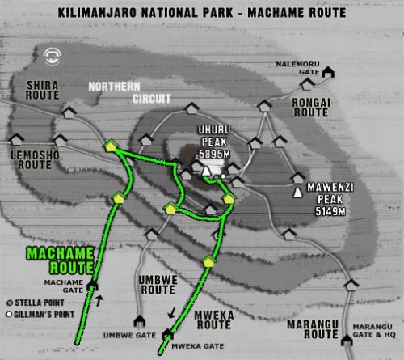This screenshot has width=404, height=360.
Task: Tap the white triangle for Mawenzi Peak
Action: pyautogui.click(x=300, y=193)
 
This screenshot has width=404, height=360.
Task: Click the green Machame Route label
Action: pyautogui.click(x=58, y=260)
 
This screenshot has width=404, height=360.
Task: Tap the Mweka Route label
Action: pyautogui.click(x=214, y=322)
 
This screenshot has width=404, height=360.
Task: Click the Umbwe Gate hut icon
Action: pyautogui.click(x=137, y=320)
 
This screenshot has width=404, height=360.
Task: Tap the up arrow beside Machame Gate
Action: pyautogui.click(x=101, y=300)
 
